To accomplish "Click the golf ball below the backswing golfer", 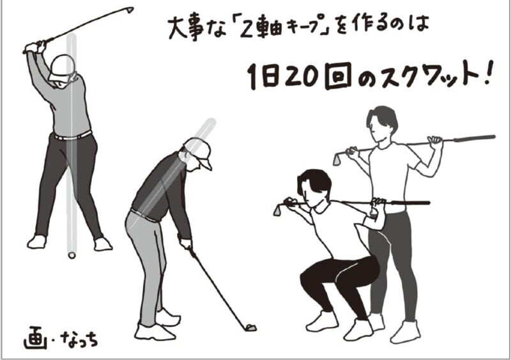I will tap(72, 255).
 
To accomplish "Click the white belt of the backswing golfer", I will tap(72, 135).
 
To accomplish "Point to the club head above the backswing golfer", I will tap(130, 10).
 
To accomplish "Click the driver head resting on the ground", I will tap(251, 327).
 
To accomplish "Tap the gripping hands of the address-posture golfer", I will tap(185, 243).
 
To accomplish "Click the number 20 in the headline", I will tap(293, 78).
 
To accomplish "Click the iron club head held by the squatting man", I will tap(278, 208).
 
